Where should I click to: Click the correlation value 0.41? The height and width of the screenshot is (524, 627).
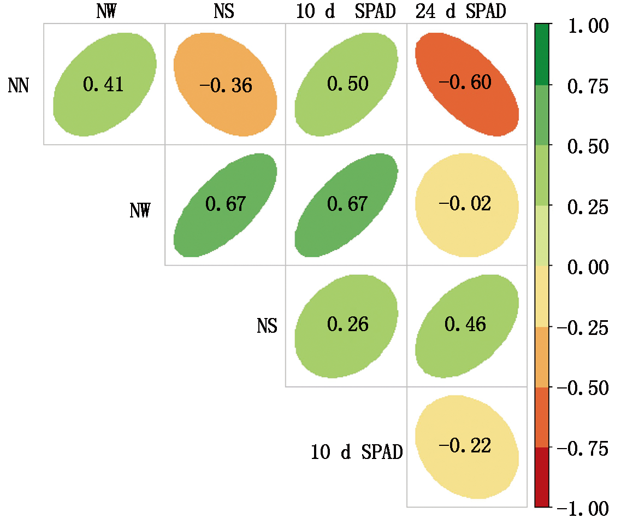point(103,84)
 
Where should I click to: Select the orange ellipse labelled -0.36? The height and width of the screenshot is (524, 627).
point(225,85)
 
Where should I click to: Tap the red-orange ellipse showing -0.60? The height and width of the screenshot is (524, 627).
point(466,83)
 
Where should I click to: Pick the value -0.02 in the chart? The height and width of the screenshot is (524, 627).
point(466,204)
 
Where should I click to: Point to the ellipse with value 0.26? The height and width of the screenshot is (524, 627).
point(347,325)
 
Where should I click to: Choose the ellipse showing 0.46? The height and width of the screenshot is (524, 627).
point(466,325)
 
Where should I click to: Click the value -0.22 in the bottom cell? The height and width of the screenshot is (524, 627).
point(466,446)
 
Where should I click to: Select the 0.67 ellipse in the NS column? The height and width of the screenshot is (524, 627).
point(225,204)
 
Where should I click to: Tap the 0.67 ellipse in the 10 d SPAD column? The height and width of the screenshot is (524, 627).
point(347,204)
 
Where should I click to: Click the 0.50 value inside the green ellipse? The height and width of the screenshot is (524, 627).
point(347,84)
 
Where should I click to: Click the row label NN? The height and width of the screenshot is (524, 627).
point(19,86)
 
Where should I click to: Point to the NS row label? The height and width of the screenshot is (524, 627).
point(267,326)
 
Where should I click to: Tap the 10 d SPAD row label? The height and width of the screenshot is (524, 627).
point(357,452)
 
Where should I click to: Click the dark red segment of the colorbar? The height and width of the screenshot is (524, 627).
point(542,477)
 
